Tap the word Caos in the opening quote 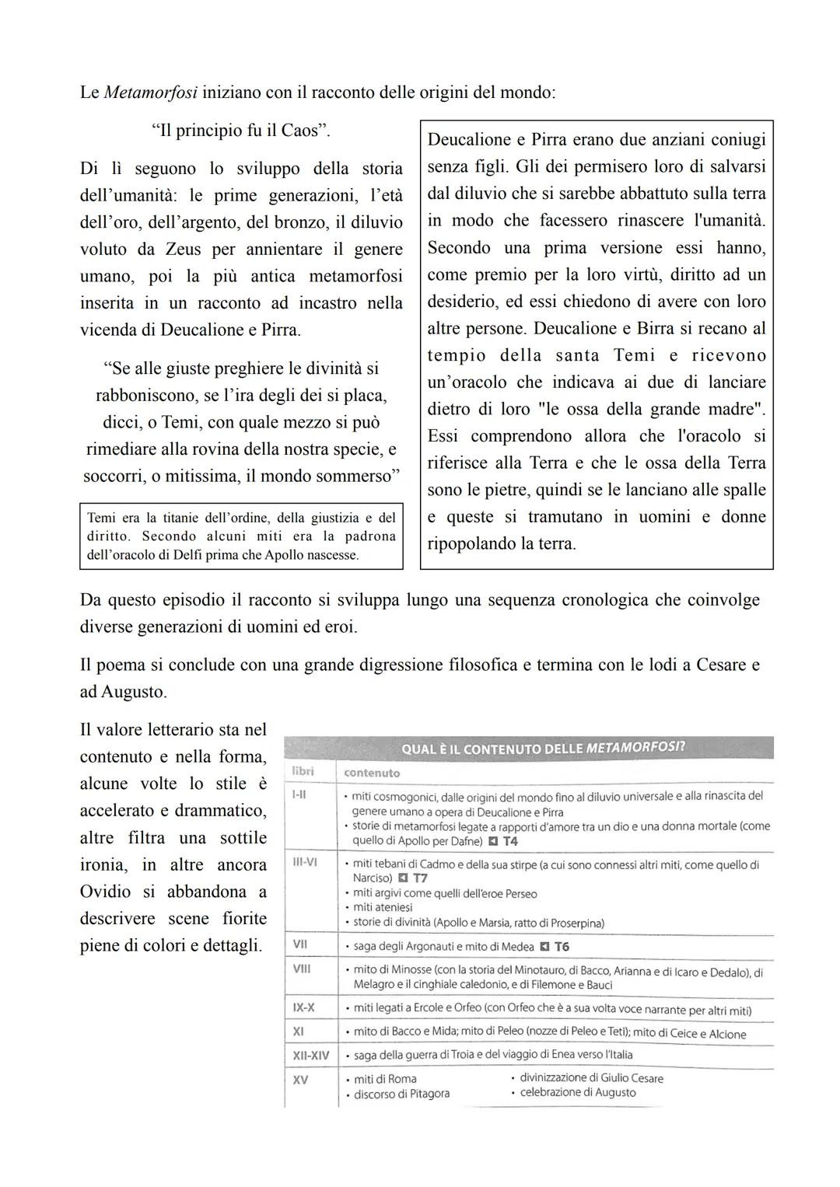pyautogui.click(x=299, y=130)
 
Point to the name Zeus pyautogui.click(x=183, y=250)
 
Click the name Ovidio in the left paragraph pyautogui.click(x=110, y=892)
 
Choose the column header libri pyautogui.click(x=303, y=771)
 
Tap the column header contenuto pyautogui.click(x=372, y=773)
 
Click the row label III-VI pyautogui.click(x=305, y=862)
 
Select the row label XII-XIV pyautogui.click(x=310, y=1056)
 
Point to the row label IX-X pyautogui.click(x=303, y=1007)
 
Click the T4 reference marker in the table pyautogui.click(x=509, y=841)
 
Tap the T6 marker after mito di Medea pyautogui.click(x=562, y=947)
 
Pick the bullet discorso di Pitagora pyautogui.click(x=401, y=1094)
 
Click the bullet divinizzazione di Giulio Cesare pyautogui.click(x=591, y=1078)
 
